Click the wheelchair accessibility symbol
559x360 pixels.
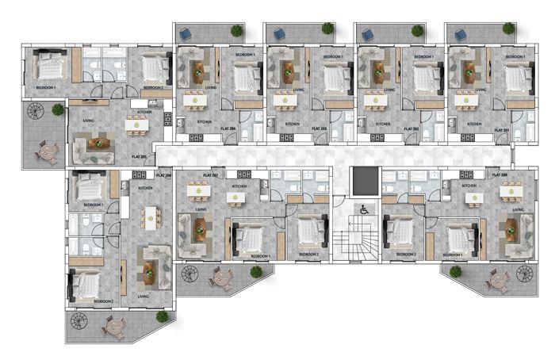[364, 210]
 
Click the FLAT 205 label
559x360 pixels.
[142, 157]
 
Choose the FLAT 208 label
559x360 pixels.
[499, 174]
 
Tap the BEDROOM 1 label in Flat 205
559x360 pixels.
[44, 86]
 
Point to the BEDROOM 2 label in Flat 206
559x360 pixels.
[104, 301]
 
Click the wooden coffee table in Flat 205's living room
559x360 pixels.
[101, 144]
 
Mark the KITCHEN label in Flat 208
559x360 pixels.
[469, 186]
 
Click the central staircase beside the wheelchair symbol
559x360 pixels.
[350, 242]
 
